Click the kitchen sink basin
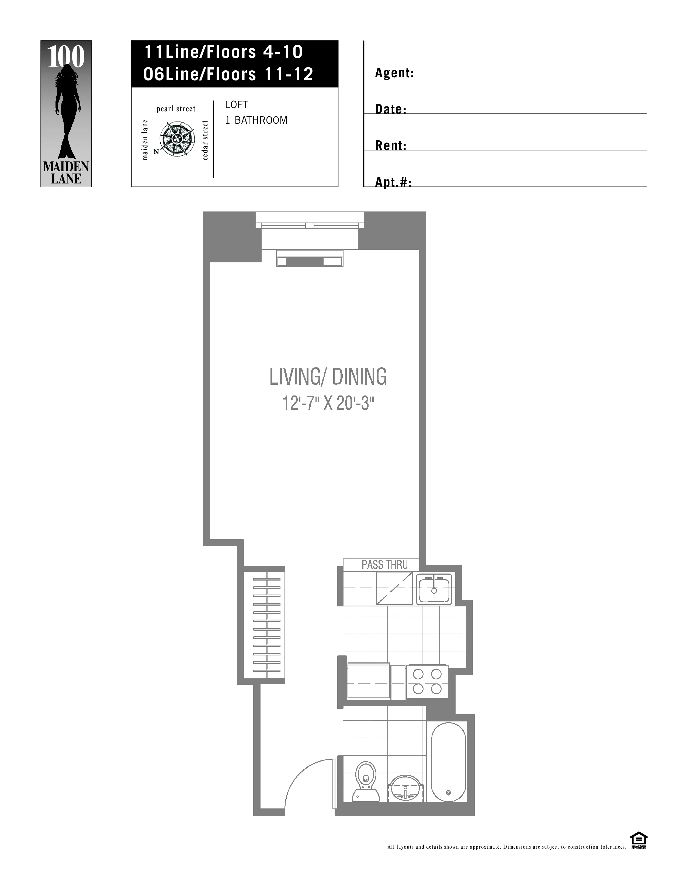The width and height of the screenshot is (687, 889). tap(434, 589)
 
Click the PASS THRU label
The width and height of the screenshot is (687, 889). tap(384, 565)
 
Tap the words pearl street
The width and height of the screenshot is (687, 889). tap(176, 109)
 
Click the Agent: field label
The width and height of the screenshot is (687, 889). tap(394, 73)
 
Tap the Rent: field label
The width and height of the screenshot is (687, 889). tap(390, 146)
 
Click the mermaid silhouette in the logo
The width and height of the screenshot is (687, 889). tap(66, 112)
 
